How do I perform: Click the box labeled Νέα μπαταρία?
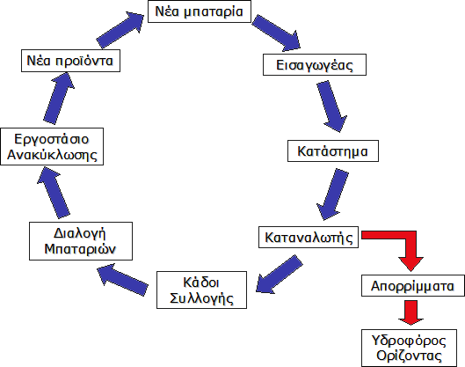tap(200, 11)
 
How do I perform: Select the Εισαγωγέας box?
tap(315, 65)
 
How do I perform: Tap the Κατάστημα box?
tap(333, 151)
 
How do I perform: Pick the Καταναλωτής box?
tap(309, 238)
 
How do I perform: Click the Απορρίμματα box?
tap(413, 286)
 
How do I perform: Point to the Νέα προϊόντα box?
tap(70, 61)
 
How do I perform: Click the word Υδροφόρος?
tap(409, 341)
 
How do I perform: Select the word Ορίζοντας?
tap(409, 356)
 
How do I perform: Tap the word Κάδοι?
tap(201, 283)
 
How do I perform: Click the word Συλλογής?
tap(201, 298)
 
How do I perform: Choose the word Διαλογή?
tap(80, 233)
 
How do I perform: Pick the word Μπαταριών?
tap(80, 249)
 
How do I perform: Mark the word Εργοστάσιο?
tap(52, 139)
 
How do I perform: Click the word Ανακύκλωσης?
tap(52, 155)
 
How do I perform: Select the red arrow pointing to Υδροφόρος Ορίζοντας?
tap(411, 312)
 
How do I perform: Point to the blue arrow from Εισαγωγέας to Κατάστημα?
tap(331, 106)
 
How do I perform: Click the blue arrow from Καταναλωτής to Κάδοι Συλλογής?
tap(279, 273)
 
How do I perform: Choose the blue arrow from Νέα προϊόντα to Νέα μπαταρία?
tap(120, 30)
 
